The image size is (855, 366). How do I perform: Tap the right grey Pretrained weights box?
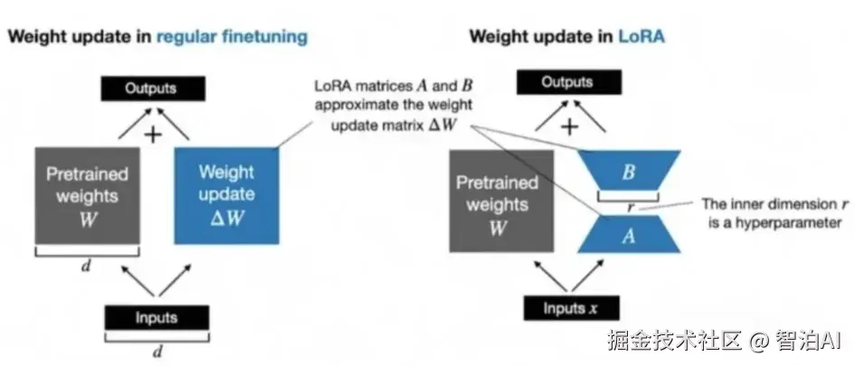coord(497,202)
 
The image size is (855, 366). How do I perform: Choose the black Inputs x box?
coord(569,308)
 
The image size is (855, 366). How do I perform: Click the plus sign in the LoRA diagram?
coord(569,127)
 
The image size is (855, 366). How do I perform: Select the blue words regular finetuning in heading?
coord(232,36)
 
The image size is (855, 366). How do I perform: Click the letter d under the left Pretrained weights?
coord(87,266)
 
